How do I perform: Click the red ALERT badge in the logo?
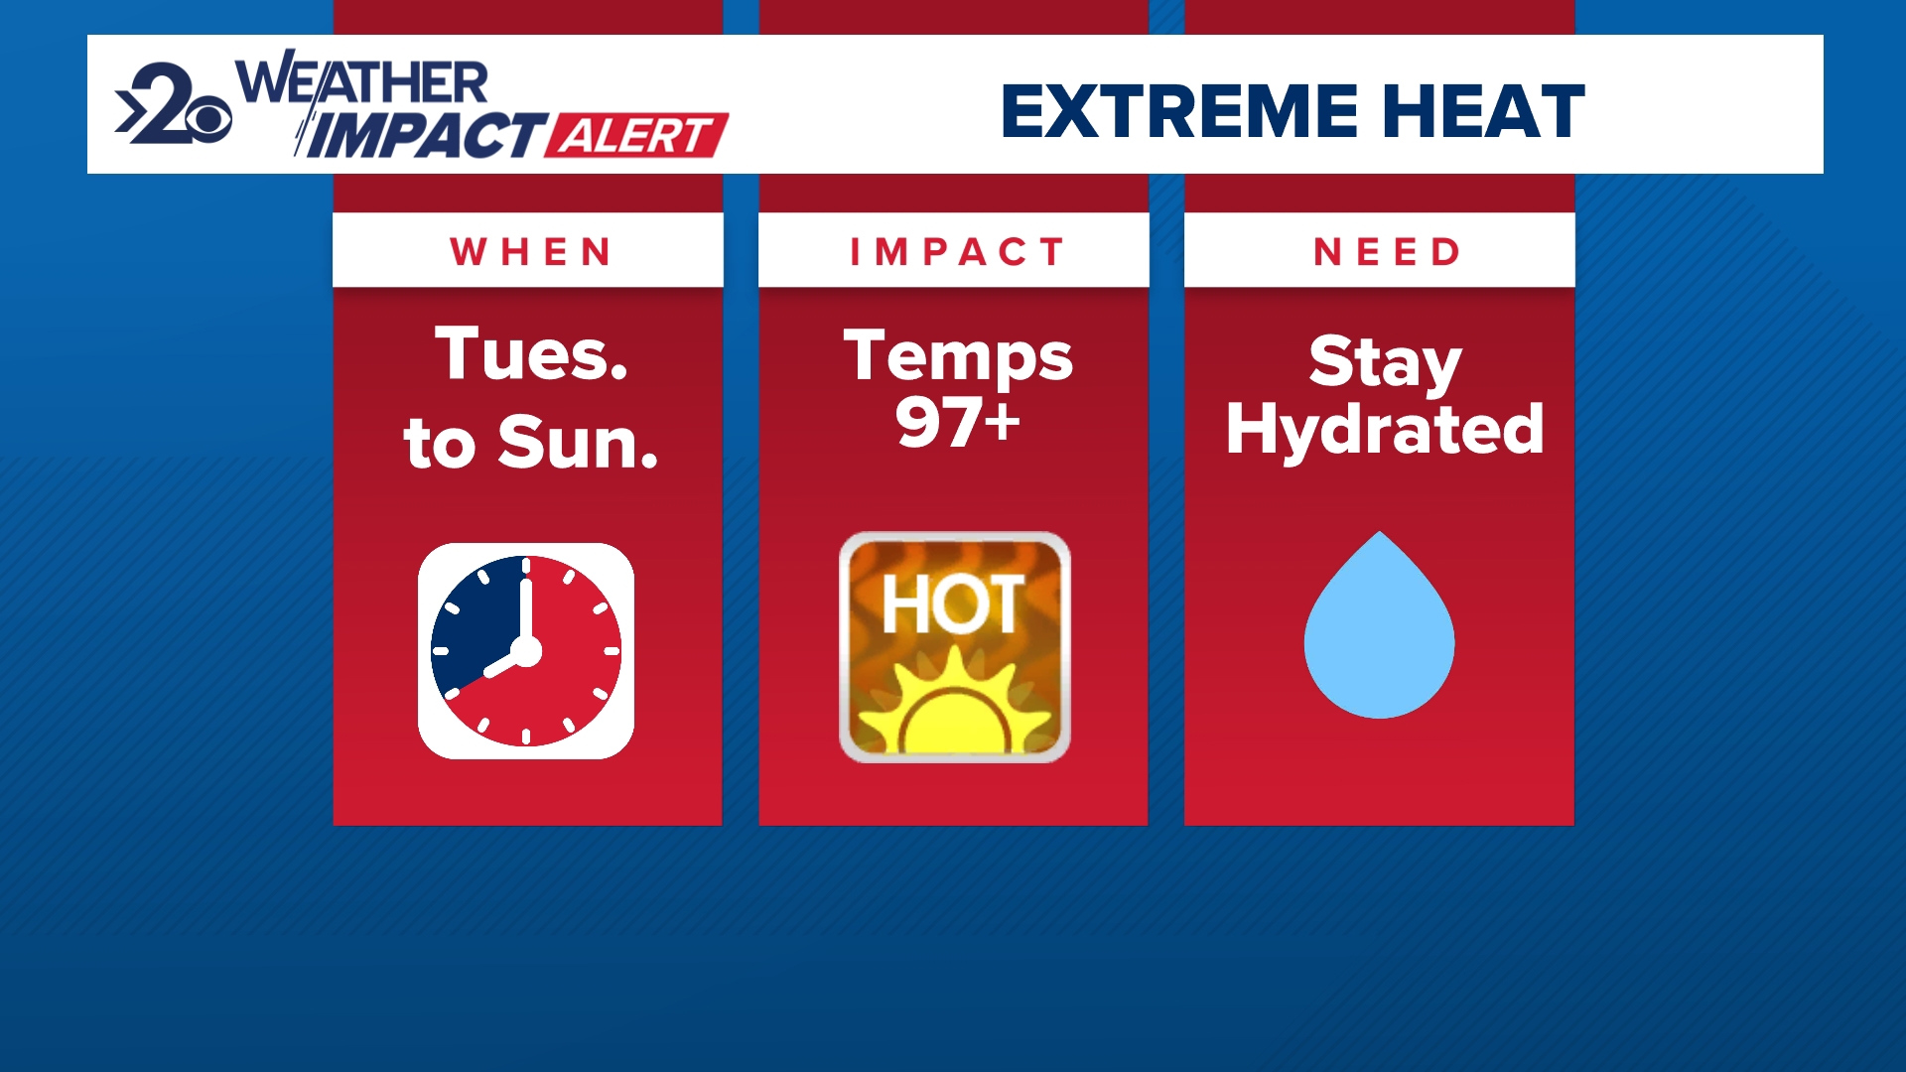[636, 136]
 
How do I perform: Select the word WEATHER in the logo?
[362, 83]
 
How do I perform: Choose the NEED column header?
[1386, 252]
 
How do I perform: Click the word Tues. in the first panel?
[532, 354]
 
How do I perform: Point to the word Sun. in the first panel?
[578, 443]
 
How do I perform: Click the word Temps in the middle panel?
[958, 357]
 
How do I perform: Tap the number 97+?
[958, 423]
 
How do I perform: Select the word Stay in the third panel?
[1385, 361]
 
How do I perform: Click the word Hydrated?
[1385, 430]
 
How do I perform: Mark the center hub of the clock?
[526, 651]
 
